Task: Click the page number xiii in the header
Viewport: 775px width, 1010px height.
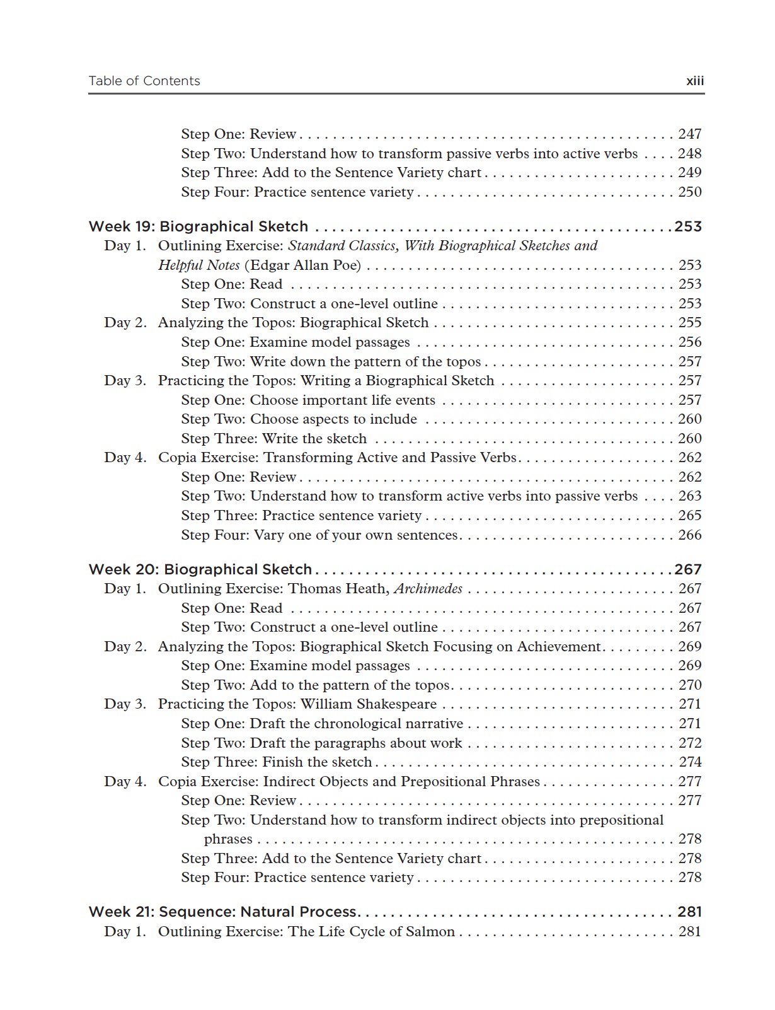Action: pos(694,81)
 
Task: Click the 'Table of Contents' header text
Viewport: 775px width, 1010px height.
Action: pos(144,81)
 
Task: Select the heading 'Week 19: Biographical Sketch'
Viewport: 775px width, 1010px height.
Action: pos(198,226)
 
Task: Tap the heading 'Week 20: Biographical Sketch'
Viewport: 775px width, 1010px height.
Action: pos(200,569)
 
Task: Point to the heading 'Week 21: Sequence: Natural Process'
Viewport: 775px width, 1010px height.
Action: pos(224,912)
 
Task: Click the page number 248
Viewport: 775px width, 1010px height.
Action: pos(689,153)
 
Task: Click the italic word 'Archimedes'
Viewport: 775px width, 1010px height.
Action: pos(428,589)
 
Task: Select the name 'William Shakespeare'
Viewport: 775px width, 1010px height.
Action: pos(369,704)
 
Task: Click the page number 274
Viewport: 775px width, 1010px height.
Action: pos(689,762)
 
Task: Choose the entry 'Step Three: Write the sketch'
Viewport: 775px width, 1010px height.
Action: pos(273,438)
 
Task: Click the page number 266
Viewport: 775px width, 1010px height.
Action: pos(689,535)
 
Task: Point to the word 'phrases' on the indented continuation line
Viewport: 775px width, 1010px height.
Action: pos(228,839)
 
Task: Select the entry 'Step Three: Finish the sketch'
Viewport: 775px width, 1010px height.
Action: pos(276,762)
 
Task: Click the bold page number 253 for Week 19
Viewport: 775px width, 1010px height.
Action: pos(688,226)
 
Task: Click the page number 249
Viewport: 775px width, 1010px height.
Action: pos(689,172)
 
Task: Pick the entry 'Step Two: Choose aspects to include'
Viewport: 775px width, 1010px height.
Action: pos(299,419)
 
